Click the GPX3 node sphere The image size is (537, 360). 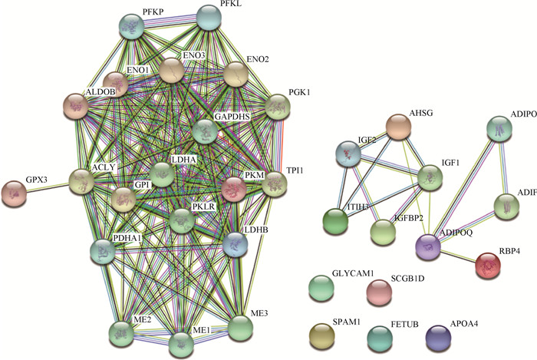[14, 193]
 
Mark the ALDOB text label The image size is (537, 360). [101, 91]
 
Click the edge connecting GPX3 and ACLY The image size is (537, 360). [48, 187]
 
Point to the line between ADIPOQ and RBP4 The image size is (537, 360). [459, 257]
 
